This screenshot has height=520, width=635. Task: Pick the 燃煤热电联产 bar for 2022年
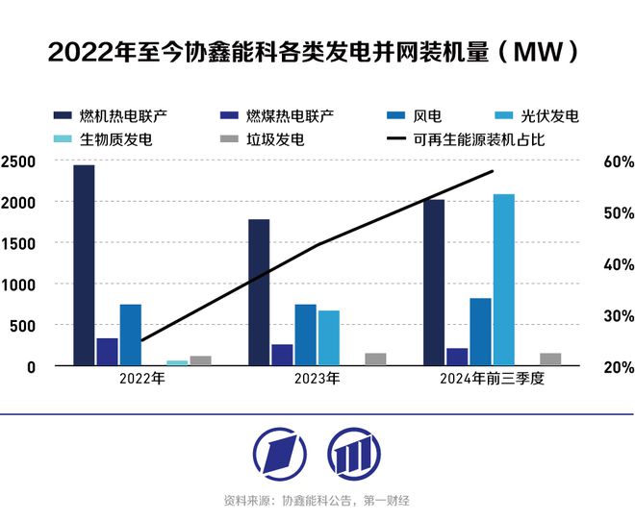(107, 352)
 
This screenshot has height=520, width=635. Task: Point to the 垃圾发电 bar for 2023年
(375, 359)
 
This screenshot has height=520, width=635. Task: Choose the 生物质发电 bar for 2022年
(177, 363)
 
